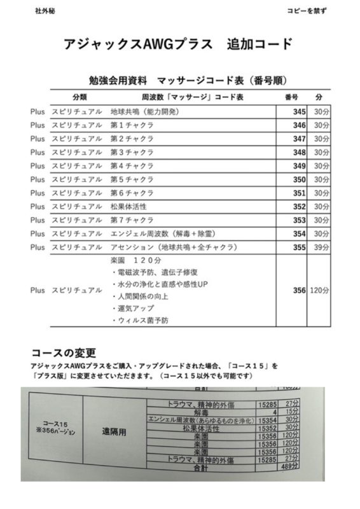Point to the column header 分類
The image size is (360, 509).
[79, 97]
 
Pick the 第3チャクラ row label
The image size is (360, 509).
[132, 152]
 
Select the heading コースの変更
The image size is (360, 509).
[64, 352]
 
